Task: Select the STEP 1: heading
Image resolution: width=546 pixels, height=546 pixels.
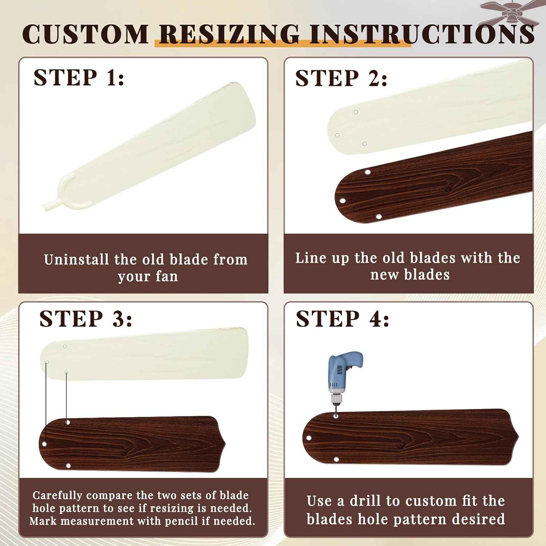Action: [79, 77]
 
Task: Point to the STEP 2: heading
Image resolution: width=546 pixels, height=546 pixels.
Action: [341, 78]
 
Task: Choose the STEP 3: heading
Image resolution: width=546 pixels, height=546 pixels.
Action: [86, 319]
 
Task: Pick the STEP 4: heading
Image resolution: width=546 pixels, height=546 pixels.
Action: [343, 319]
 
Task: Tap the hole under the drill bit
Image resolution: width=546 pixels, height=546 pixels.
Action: [336, 416]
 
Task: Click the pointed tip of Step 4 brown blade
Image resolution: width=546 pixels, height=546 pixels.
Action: [518, 436]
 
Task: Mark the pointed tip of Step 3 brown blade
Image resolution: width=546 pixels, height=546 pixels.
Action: [225, 444]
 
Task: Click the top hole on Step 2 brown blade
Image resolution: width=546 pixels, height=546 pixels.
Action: [368, 172]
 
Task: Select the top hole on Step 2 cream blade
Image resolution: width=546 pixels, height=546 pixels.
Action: [356, 112]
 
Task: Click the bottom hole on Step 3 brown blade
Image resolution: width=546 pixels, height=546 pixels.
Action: [68, 466]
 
